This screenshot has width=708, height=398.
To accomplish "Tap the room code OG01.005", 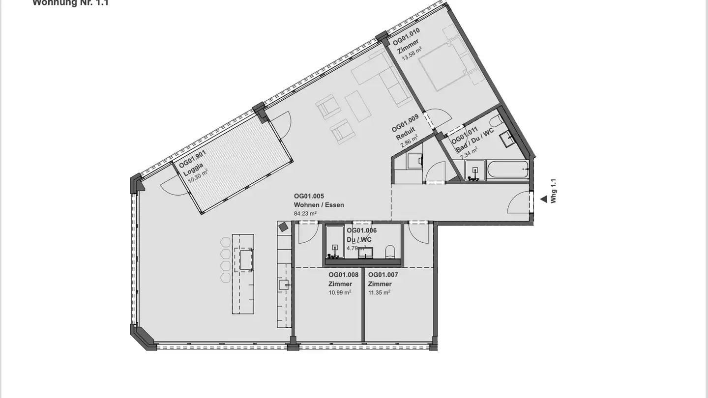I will tap(309, 196).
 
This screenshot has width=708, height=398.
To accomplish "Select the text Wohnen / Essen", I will tap(319, 205).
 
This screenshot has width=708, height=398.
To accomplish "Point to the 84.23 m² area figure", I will tap(305, 214).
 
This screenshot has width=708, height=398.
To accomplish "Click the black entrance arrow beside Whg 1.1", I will tap(543, 199).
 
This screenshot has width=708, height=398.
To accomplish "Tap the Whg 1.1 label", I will tap(554, 191).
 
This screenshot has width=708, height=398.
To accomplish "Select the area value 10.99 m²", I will tap(340, 293).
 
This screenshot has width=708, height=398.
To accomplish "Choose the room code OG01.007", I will tap(383, 275).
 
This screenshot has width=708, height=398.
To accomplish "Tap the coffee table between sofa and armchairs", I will tap(358, 105).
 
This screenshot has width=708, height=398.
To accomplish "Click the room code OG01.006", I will tap(361, 230).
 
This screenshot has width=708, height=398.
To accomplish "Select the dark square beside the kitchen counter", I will tap(283, 227).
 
